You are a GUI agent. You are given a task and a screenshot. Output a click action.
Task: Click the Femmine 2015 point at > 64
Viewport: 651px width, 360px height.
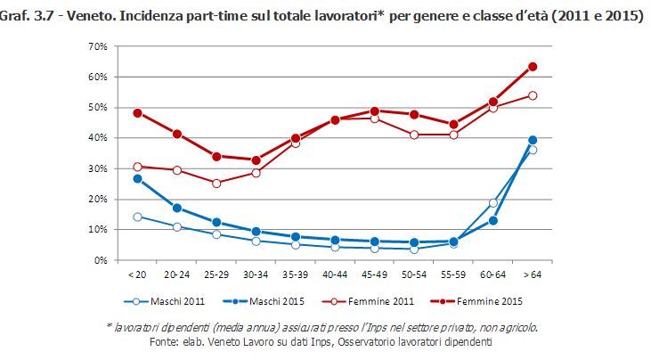coord(533,67)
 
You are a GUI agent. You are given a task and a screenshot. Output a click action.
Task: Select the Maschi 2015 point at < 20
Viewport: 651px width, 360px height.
coord(137,178)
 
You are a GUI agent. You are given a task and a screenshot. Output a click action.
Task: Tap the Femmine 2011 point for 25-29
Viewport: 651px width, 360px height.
coord(216,183)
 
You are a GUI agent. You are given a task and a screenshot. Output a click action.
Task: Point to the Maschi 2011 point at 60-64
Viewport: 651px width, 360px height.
coord(493,203)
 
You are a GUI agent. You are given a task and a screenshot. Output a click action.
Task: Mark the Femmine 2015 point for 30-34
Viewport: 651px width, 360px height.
coord(256,160)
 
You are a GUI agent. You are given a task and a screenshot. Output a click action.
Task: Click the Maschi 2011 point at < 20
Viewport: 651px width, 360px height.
coord(137,217)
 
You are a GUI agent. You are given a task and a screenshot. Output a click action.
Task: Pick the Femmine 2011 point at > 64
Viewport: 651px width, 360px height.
coord(533,95)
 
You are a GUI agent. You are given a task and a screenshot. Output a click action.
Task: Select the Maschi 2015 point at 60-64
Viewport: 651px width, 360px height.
coord(493,220)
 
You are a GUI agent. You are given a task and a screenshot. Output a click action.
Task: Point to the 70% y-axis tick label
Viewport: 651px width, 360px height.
coord(97,46)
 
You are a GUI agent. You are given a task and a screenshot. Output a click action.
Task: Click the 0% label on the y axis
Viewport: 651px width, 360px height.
coord(101,260)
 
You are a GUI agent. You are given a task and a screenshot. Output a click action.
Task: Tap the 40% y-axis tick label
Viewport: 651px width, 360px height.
coord(97,138)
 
